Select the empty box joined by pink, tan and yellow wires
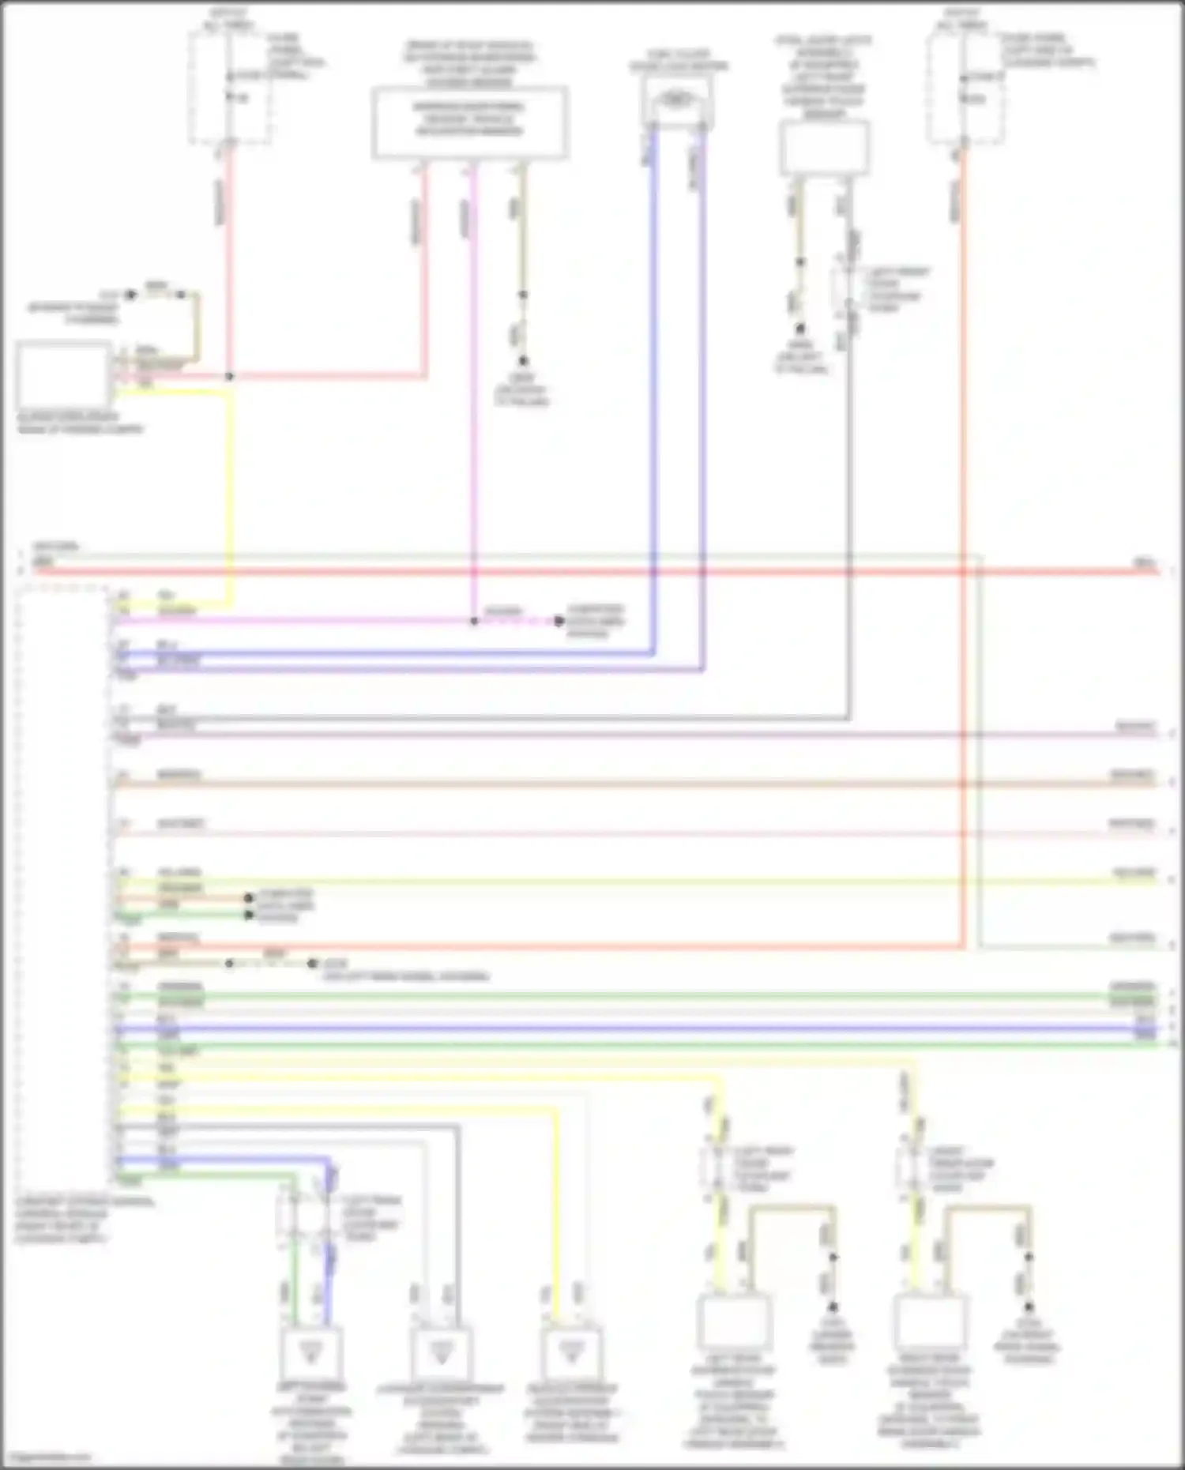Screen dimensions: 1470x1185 coord(63,374)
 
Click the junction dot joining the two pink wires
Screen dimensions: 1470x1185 coord(229,377)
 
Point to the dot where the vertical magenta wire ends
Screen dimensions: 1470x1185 coord(474,622)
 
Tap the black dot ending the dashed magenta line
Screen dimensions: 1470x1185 coord(559,622)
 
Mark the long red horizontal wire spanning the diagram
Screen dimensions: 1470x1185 coord(592,570)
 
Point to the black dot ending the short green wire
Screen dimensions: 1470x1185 coord(249,915)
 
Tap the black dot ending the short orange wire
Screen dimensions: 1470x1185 coord(249,898)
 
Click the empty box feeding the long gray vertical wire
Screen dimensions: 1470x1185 coord(824,148)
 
